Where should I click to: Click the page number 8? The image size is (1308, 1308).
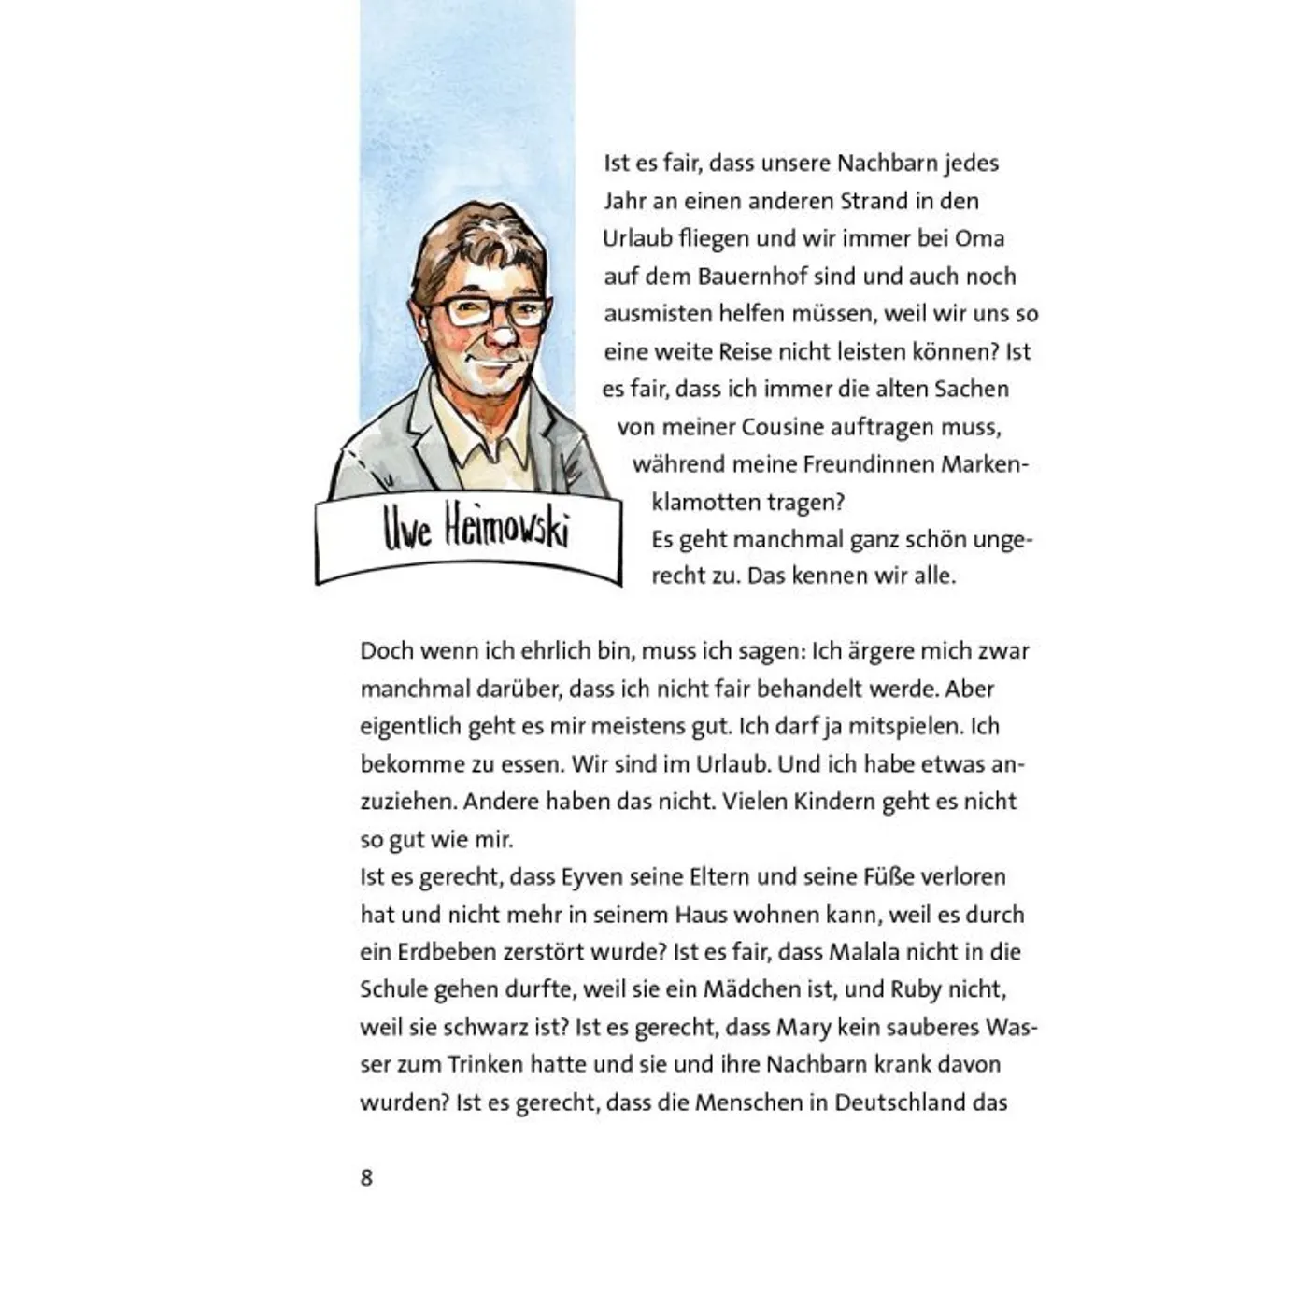(x=366, y=1177)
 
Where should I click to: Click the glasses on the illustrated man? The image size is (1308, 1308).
(x=487, y=311)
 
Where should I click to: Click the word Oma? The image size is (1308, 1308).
(x=979, y=238)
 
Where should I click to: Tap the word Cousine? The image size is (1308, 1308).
(x=782, y=427)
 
